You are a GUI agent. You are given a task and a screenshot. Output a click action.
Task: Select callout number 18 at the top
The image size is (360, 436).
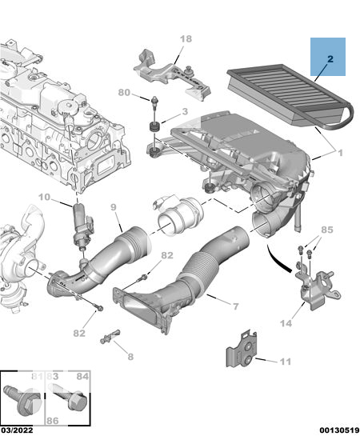pos(186,38)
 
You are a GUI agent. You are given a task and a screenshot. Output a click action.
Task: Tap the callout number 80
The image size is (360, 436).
pos(124,92)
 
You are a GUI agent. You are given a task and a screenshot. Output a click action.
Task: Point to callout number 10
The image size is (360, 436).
pos(44,197)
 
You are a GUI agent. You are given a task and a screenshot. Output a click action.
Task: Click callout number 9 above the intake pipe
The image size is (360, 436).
pos(113,207)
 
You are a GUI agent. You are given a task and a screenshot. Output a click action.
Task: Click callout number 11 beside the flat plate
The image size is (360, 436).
pos(286,362)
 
